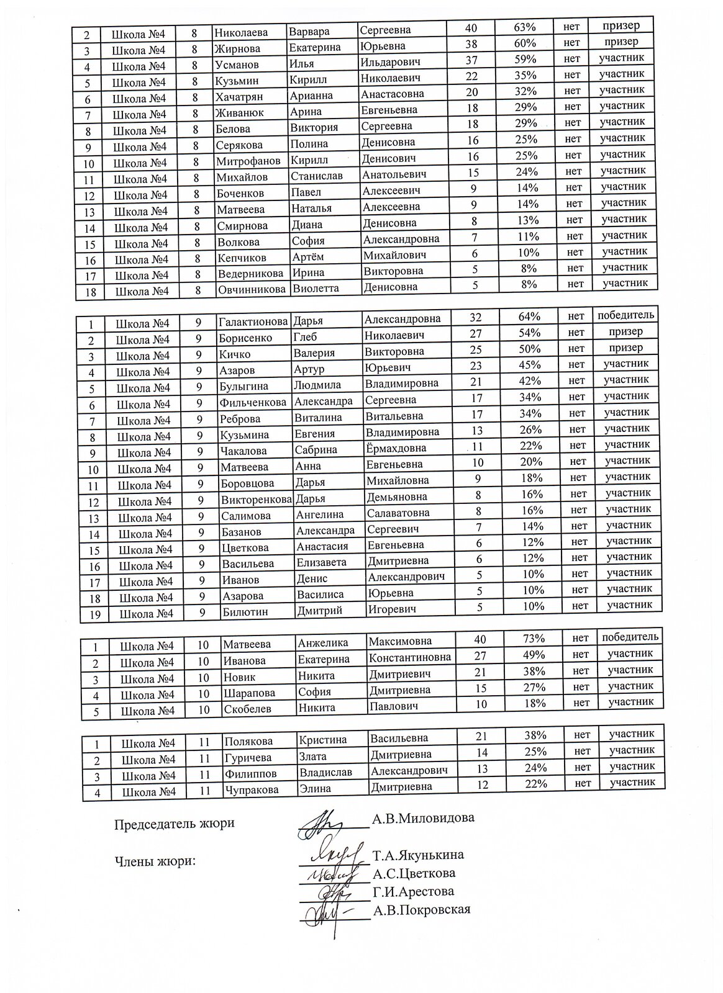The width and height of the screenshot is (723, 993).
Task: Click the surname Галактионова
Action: click(x=253, y=321)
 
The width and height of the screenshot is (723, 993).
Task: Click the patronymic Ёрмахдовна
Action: click(x=396, y=448)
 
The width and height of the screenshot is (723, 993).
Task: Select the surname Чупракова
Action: click(x=252, y=790)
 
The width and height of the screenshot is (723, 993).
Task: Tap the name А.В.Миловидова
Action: click(x=423, y=817)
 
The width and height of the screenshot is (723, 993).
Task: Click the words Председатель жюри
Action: click(x=175, y=824)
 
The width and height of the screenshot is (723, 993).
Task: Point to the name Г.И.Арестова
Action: click(x=413, y=892)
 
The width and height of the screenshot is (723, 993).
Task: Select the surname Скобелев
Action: click(x=248, y=708)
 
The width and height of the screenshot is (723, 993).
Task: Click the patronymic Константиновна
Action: click(x=410, y=657)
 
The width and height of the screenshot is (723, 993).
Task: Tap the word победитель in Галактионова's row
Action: click(x=626, y=315)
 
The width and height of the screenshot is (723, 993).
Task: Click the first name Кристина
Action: click(x=323, y=740)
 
